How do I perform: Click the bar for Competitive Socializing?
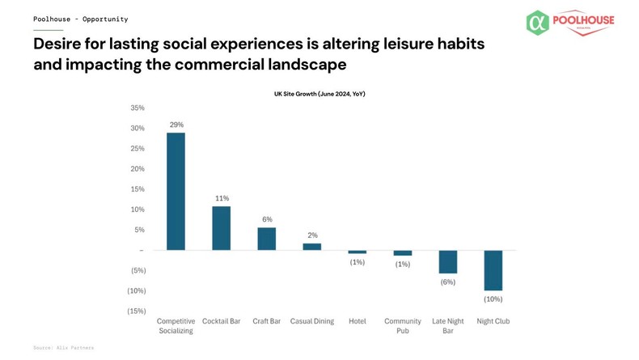tap(176, 192)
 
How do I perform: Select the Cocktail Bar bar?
tap(221, 228)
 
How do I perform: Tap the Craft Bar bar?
tap(266, 239)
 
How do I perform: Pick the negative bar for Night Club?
tap(493, 270)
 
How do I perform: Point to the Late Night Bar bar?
tap(447, 262)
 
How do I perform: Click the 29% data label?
tap(176, 125)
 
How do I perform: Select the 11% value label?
tap(222, 198)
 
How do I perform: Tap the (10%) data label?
tap(493, 299)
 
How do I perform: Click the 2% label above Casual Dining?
tap(312, 235)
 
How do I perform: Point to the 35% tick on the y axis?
tap(138, 108)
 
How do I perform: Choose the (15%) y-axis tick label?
tap(137, 311)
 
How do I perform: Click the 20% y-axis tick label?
tap(138, 169)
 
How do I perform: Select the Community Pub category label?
tap(402, 326)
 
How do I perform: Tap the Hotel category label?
tap(357, 321)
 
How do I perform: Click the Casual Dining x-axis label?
tap(311, 321)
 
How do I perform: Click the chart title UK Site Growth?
tap(319, 94)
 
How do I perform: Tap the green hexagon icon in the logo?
tap(537, 23)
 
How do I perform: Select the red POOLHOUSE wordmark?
tap(583, 21)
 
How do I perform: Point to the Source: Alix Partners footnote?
tap(63, 348)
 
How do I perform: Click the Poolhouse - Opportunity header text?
tap(80, 19)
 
